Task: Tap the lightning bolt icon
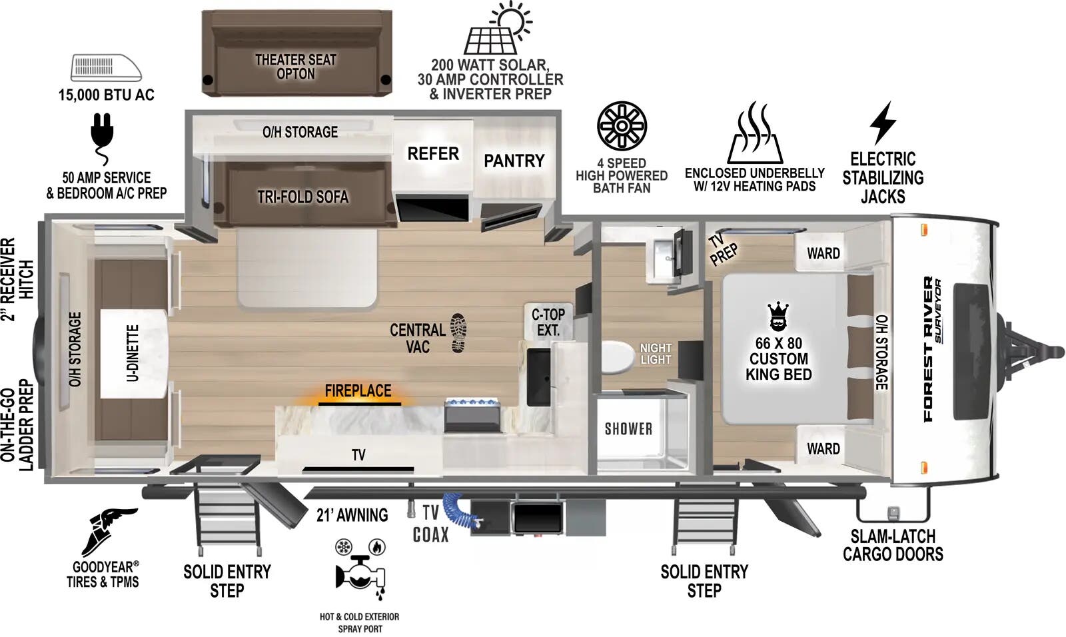(883, 123)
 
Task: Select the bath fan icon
(622, 126)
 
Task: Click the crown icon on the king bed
(778, 317)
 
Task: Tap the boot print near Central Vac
(458, 332)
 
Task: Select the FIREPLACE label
(358, 391)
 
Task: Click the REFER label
(433, 154)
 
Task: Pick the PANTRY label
(514, 161)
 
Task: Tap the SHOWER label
(628, 428)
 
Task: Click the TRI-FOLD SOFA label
(303, 197)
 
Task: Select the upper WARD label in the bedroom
(823, 253)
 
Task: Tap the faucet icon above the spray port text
(360, 568)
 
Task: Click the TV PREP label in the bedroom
(722, 250)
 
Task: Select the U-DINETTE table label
(132, 353)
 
